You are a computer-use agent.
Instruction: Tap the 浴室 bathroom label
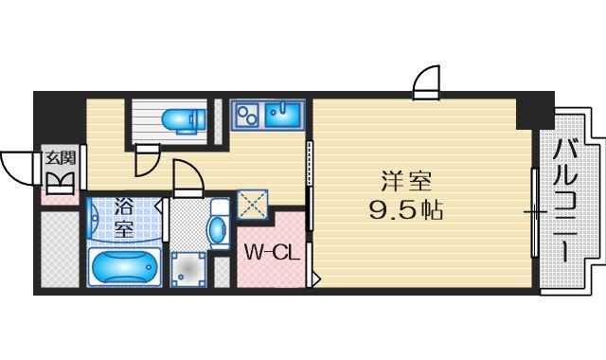pos(124,217)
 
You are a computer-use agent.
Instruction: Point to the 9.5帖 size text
pos(407,208)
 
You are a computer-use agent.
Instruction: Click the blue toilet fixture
pos(182,119)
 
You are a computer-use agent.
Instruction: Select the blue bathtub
pos(124,268)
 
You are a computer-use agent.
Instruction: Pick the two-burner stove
pos(246,116)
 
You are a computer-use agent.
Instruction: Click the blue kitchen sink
pos(283,115)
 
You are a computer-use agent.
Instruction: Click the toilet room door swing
pos(146,163)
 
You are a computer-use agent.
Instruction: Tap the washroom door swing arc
pos(187,178)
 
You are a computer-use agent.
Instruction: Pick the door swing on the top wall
pos(428,82)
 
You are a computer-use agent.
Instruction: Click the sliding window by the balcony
pos(535,212)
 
